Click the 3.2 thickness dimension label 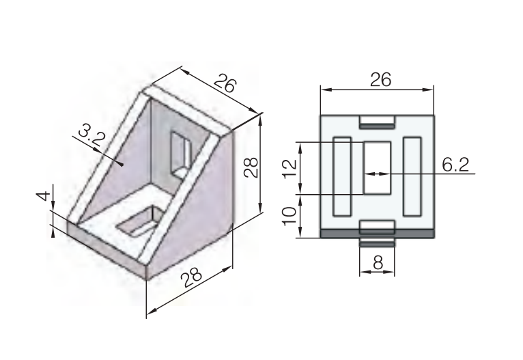[x=91, y=135]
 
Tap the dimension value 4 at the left [x=43, y=197]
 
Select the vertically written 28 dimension [x=251, y=168]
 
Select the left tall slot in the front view [x=341, y=176]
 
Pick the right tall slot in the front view [x=412, y=176]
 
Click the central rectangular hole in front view [x=376, y=167]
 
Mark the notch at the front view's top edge [x=377, y=122]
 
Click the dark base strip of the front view [x=377, y=234]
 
